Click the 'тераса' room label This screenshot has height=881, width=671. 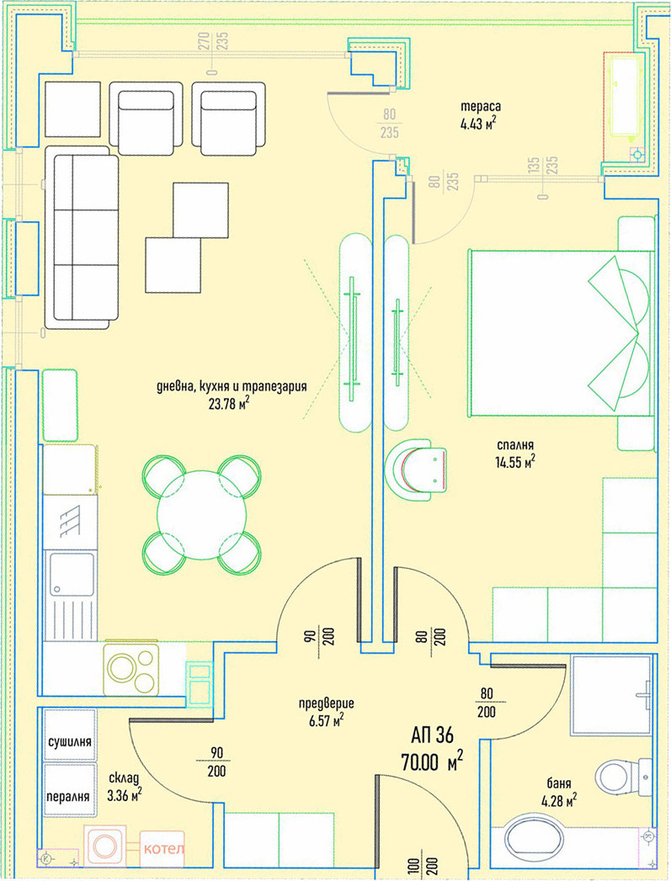481,106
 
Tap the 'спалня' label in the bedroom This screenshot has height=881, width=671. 514,445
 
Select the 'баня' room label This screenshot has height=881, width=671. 558,783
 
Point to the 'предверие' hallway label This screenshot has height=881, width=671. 326,703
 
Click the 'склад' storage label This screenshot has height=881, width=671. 123,778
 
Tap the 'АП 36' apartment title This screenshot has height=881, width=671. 432,735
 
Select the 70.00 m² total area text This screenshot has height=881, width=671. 432,762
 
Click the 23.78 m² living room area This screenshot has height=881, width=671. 229,403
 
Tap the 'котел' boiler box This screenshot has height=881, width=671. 162,847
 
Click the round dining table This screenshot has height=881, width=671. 202,515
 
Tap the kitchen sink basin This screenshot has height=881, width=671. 72,575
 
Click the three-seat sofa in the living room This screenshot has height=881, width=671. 82,237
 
